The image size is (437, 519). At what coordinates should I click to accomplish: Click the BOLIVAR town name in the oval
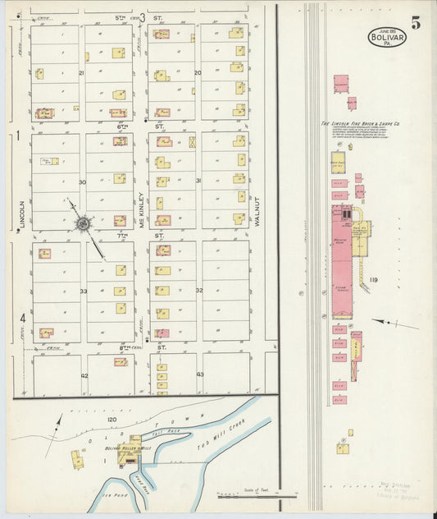[386, 38]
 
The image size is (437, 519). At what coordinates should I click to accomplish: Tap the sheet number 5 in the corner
[417, 23]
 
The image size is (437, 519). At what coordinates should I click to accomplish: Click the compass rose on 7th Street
[82, 222]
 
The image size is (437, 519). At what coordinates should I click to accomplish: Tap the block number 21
[82, 73]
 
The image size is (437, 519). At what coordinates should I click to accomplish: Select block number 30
[82, 181]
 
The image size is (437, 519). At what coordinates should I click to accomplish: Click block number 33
[83, 291]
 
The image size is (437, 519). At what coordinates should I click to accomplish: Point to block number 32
[198, 291]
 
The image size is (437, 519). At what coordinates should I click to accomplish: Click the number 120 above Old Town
[112, 419]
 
